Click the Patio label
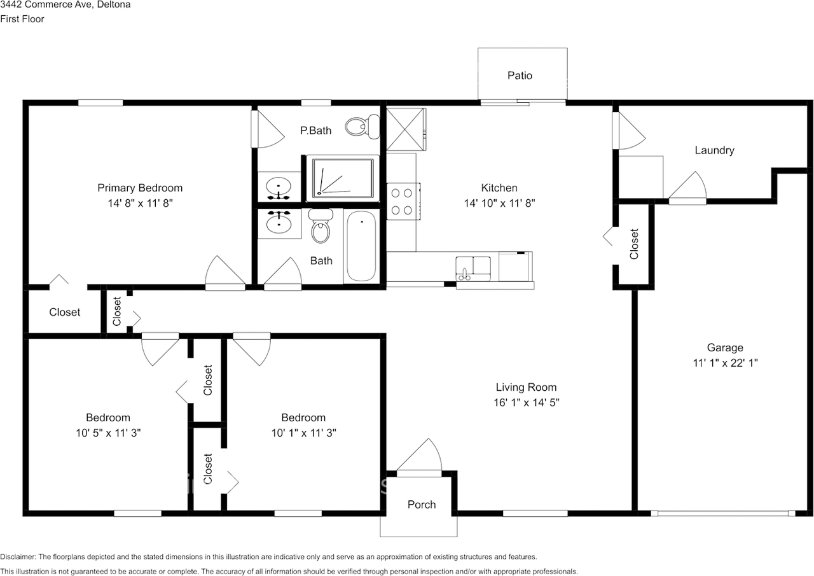click(520, 75)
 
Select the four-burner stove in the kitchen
click(403, 200)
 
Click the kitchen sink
click(473, 266)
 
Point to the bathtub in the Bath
click(361, 247)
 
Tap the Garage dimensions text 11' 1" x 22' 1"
click(725, 363)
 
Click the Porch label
click(422, 504)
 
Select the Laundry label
click(714, 150)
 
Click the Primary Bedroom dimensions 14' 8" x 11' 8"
click(140, 203)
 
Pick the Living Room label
click(526, 387)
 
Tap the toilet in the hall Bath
click(320, 228)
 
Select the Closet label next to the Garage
click(634, 244)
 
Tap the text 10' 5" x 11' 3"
click(108, 433)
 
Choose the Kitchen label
click(499, 188)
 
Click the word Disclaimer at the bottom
click(18, 556)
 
